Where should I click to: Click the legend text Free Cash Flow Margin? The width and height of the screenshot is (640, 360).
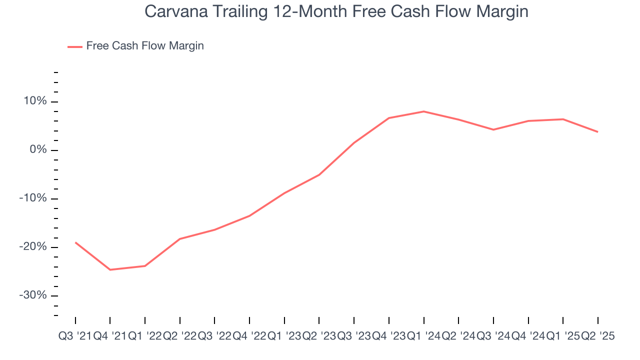(145, 46)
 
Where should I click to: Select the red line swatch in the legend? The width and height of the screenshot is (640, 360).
(75, 46)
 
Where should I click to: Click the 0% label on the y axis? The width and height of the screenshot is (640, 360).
(38, 150)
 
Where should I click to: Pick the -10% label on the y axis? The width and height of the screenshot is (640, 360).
(33, 198)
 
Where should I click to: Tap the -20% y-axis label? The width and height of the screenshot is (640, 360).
(33, 247)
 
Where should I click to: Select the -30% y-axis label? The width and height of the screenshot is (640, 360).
(33, 295)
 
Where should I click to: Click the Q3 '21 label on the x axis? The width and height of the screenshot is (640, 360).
(74, 336)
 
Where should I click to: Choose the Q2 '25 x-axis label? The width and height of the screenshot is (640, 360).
(598, 336)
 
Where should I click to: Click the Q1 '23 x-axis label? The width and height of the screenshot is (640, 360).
(284, 336)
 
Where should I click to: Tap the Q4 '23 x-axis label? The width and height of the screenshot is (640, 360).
(388, 336)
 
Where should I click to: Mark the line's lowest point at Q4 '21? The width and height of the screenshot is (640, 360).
(110, 270)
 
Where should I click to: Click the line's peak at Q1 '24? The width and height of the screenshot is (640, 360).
(424, 111)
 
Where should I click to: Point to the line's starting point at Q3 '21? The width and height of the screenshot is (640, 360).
(75, 242)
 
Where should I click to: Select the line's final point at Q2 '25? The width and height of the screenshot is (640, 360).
(598, 132)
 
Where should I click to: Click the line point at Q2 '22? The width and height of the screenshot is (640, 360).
(180, 239)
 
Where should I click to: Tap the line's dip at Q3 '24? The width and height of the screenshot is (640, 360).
(493, 129)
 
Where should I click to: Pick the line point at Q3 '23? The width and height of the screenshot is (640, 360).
(354, 142)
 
